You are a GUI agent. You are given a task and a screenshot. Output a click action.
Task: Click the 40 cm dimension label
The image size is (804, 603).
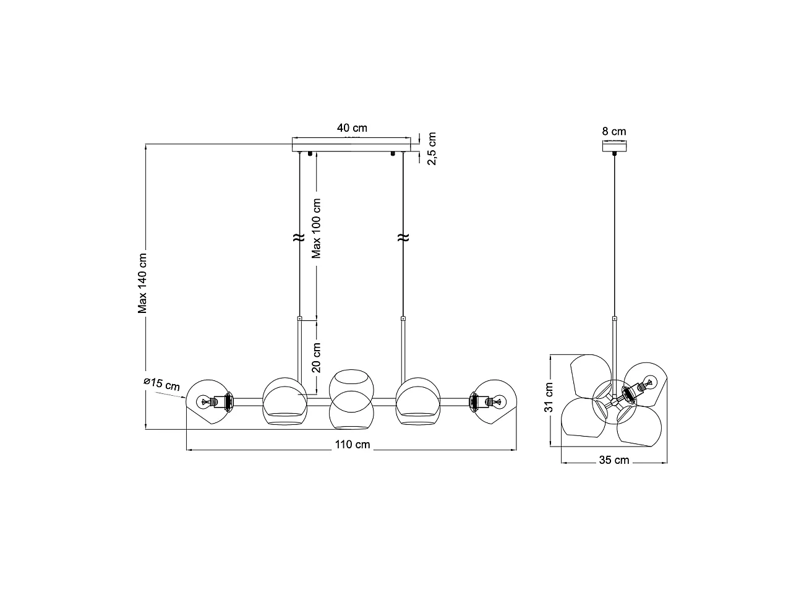(x=352, y=128)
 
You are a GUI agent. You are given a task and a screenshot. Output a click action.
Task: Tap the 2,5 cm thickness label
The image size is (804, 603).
(x=432, y=148)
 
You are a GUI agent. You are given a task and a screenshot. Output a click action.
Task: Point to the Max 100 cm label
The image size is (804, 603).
(x=317, y=228)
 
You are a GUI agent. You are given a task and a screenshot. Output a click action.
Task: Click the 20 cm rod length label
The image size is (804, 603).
(x=317, y=357)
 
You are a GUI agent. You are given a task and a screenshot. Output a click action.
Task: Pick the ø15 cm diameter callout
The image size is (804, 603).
(x=161, y=384)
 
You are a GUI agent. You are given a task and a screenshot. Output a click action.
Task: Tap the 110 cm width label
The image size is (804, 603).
(x=353, y=445)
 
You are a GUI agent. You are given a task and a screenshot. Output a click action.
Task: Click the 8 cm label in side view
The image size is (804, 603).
(x=614, y=131)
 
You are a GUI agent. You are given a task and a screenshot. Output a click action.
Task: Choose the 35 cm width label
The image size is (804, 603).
(x=614, y=460)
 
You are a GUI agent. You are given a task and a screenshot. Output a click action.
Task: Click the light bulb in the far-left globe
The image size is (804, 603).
(x=203, y=402)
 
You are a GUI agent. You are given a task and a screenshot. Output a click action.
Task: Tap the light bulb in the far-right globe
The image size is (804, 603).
(x=498, y=402)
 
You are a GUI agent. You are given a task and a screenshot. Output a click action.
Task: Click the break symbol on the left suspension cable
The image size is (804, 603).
(x=297, y=237)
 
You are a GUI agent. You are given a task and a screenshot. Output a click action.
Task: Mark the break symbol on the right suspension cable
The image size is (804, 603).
(x=403, y=237)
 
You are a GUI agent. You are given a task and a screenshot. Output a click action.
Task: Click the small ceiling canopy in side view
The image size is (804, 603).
(x=614, y=147)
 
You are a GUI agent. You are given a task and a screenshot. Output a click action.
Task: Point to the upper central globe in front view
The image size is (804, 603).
(x=350, y=384)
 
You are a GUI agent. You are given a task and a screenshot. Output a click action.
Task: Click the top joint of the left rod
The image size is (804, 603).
(x=300, y=319)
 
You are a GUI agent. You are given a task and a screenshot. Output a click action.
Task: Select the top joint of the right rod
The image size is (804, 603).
(x=403, y=319)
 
